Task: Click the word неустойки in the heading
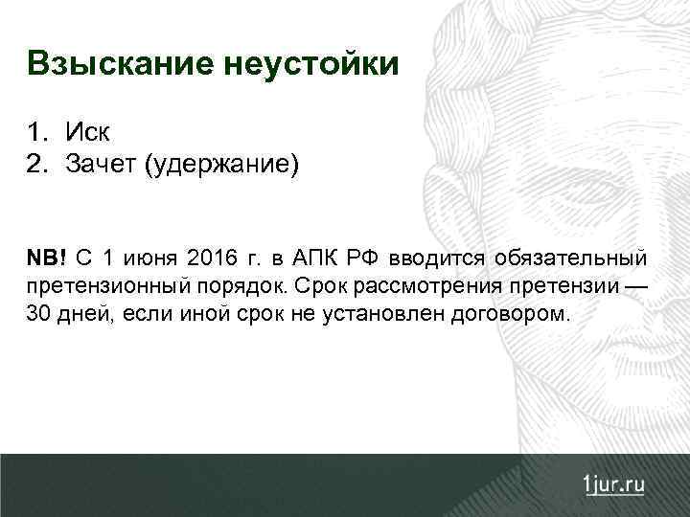tap(311, 64)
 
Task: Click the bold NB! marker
tap(47, 258)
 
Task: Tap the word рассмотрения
tap(428, 285)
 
